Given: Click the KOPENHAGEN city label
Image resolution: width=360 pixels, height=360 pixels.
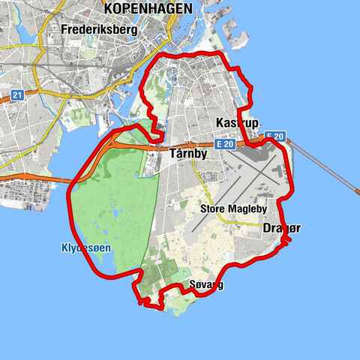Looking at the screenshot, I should tap(148, 8).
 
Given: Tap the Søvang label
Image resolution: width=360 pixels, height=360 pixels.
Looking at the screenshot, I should tap(206, 285).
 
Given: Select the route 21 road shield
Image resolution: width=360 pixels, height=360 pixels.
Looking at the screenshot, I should tap(16, 95).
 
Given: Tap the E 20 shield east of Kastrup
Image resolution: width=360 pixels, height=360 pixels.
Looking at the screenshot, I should tap(274, 136).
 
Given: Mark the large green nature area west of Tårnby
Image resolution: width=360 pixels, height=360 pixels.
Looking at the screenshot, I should tap(112, 202).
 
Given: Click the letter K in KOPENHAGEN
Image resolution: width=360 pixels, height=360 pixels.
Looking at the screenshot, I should tap(109, 8).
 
